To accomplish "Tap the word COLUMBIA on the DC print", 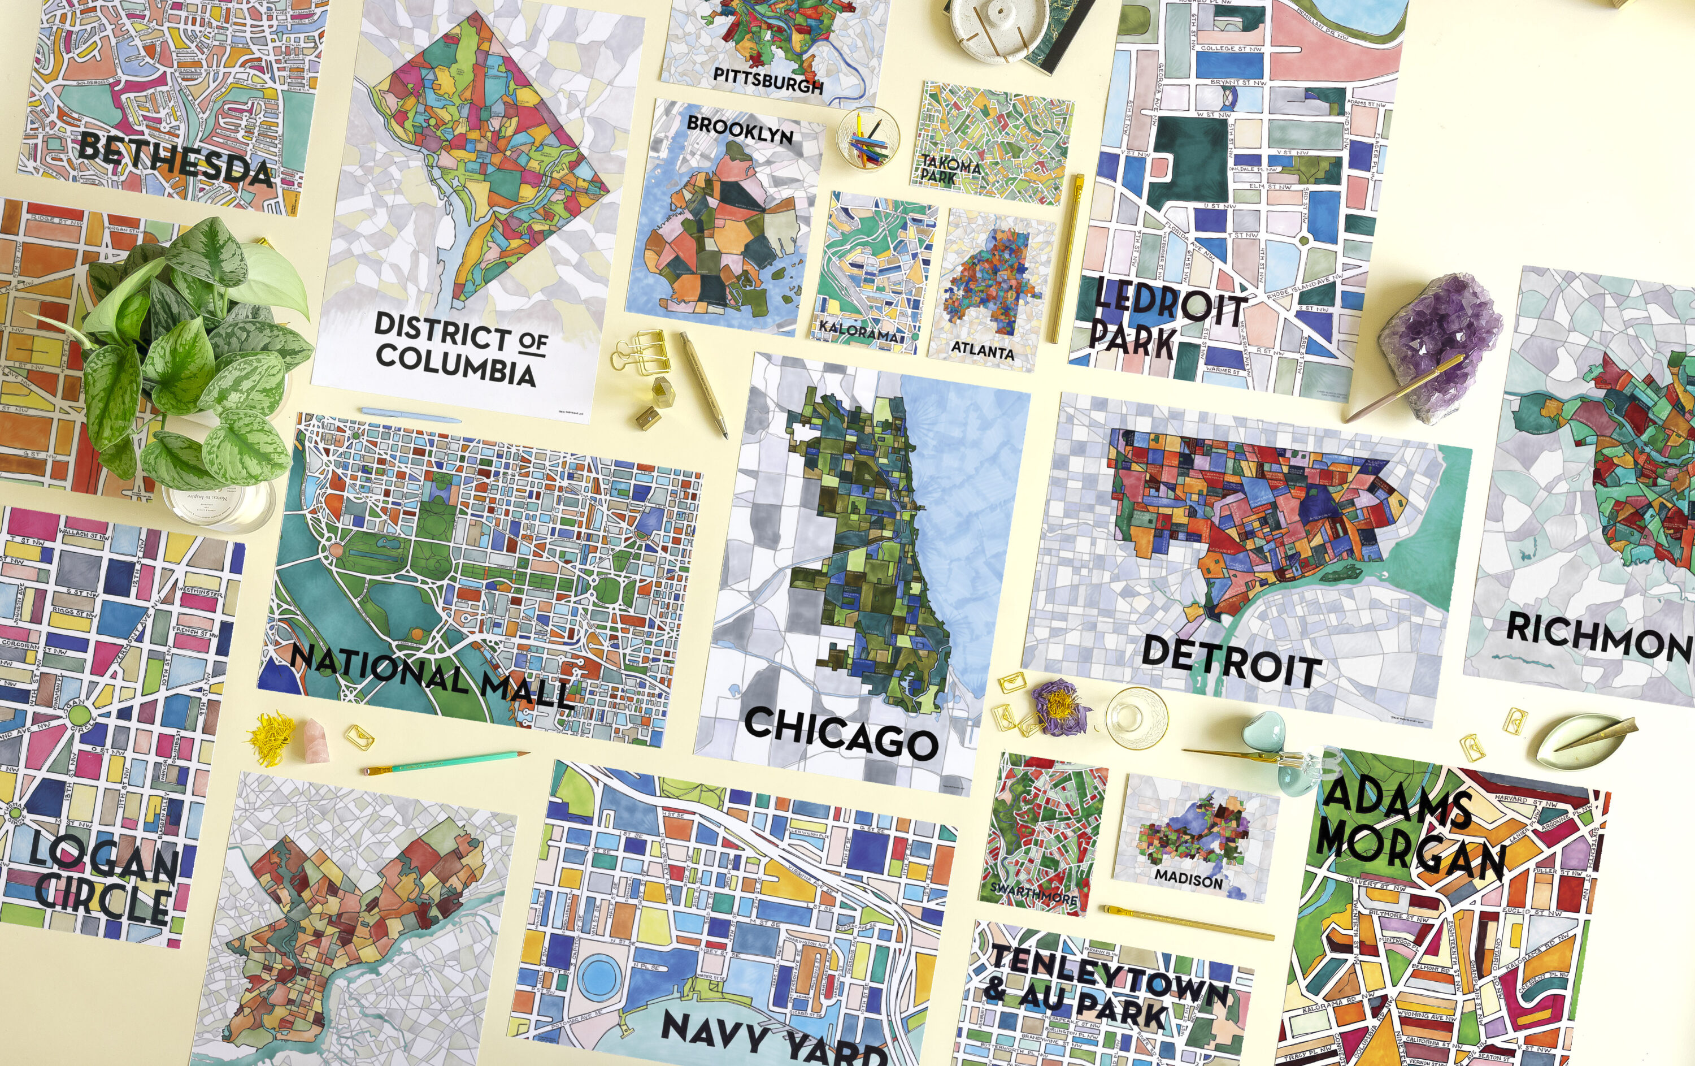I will tap(455, 365).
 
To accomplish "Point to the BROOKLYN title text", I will tap(739, 129).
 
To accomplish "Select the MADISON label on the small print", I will tap(1188, 879).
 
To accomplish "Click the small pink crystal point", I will tap(317, 739).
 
